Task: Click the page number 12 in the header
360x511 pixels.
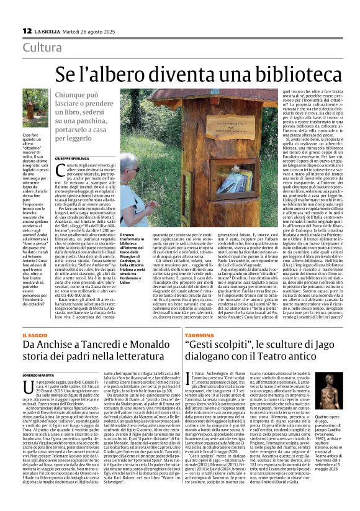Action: pos(27,30)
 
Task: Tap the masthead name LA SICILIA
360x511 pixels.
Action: pos(47,30)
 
